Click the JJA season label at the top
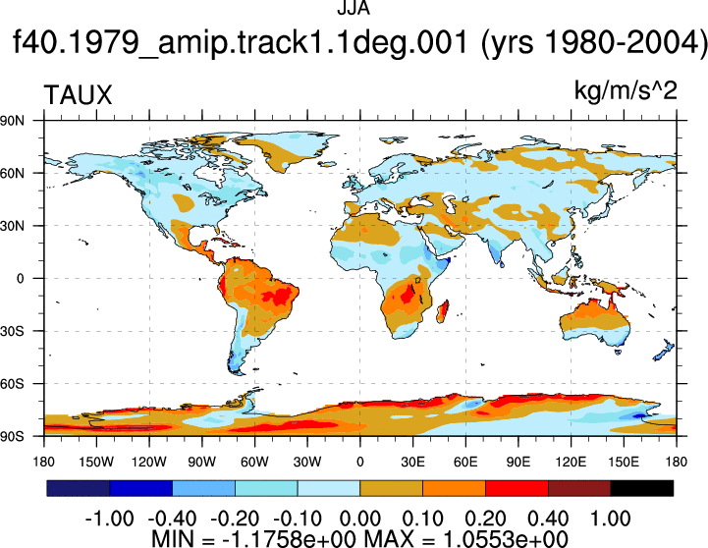[x=354, y=8]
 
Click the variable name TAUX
[x=78, y=95]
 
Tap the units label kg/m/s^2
[x=626, y=90]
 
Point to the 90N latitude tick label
[x=12, y=121]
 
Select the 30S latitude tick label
[x=12, y=331]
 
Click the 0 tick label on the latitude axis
[x=20, y=279]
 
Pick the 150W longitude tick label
[x=96, y=462]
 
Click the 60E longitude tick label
[x=465, y=462]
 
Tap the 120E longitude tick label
[x=571, y=462]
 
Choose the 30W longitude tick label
[x=307, y=462]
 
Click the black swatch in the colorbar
[x=641, y=488]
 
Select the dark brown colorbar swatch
[x=579, y=488]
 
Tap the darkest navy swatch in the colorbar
[x=79, y=488]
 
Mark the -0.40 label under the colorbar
[x=172, y=519]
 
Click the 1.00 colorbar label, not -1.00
[x=611, y=519]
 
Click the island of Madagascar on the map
[x=443, y=311]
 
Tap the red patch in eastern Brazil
[x=276, y=297]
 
